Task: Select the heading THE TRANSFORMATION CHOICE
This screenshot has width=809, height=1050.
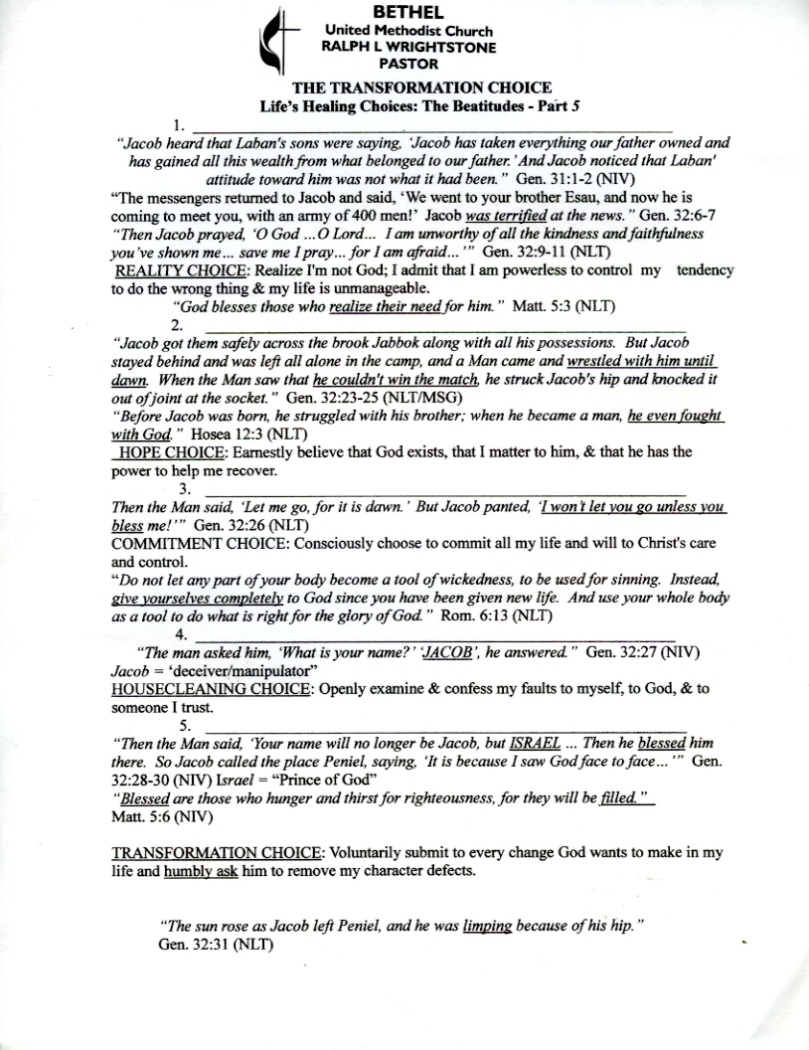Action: point(406,88)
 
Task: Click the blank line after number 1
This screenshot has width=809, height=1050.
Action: point(432,126)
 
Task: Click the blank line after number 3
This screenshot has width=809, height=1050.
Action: point(444,490)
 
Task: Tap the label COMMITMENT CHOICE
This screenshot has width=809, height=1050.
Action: point(190,544)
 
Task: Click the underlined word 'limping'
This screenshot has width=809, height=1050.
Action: point(487,926)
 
